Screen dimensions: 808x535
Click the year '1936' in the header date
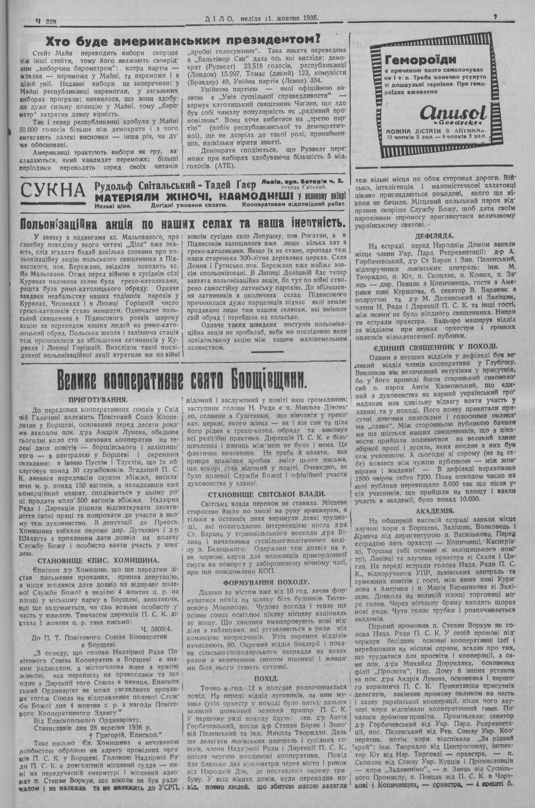[x=307, y=18]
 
